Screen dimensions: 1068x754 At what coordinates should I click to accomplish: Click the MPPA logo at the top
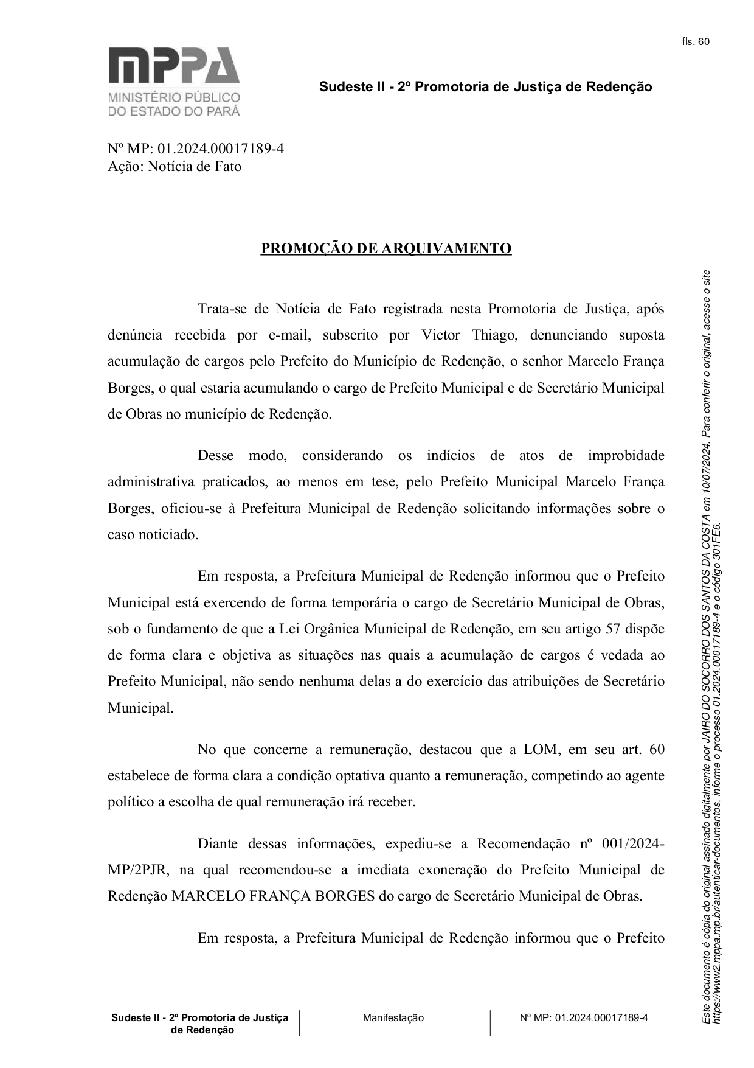pos(174,81)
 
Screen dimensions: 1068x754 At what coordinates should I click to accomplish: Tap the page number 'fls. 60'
pos(696,41)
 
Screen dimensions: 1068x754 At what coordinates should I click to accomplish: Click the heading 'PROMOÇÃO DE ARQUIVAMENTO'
pos(386,248)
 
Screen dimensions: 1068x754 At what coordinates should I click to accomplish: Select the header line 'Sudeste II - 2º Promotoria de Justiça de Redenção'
pos(485,87)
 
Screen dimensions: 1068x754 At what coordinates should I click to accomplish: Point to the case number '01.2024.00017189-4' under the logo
pos(220,148)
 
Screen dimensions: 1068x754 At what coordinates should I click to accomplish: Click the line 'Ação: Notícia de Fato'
pos(174,166)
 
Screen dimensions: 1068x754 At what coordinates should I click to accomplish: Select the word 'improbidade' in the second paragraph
pos(626,455)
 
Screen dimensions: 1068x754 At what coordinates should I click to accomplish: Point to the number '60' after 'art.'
pos(657,749)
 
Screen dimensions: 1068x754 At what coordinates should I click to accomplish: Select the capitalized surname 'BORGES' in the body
pos(344,896)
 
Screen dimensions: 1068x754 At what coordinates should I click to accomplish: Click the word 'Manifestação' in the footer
pos(393,1017)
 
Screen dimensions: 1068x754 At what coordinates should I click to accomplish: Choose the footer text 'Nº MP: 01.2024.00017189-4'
pos(584,1017)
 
